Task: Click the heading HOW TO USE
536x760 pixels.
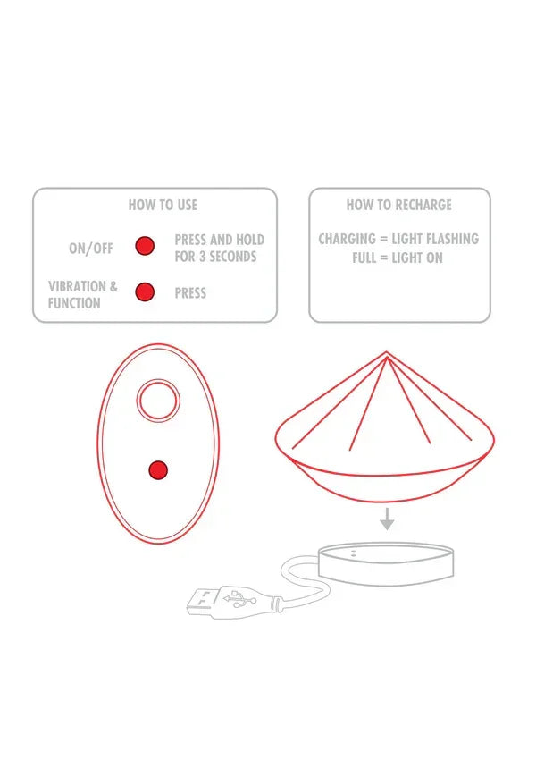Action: pyautogui.click(x=163, y=205)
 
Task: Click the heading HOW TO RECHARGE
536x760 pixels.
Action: pyautogui.click(x=398, y=205)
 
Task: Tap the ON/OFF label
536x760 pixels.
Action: pyautogui.click(x=91, y=249)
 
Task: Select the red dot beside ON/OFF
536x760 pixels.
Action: pyautogui.click(x=145, y=247)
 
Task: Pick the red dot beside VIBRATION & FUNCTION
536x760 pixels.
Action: pyautogui.click(x=145, y=291)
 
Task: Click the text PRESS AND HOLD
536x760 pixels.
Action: pyautogui.click(x=219, y=240)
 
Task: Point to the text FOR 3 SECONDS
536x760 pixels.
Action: pyautogui.click(x=215, y=257)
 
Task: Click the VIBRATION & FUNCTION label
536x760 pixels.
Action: pyautogui.click(x=82, y=295)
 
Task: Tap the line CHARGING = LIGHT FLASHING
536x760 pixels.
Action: pyautogui.click(x=398, y=239)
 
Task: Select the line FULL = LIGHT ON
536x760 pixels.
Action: pyautogui.click(x=398, y=258)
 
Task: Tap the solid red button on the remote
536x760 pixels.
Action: pyautogui.click(x=158, y=469)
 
